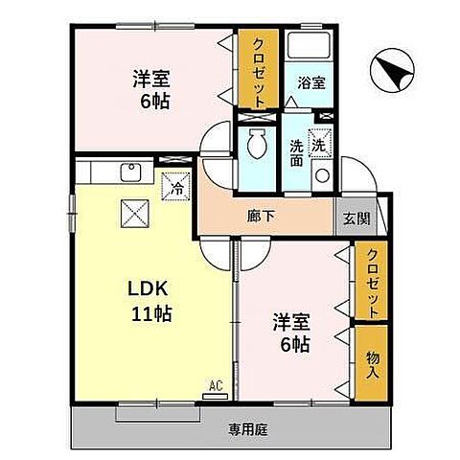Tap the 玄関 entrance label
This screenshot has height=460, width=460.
click(x=356, y=218)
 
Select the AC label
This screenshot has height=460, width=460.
click(x=216, y=385)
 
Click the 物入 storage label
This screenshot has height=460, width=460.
click(x=372, y=363)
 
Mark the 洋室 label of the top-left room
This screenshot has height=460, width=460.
click(x=150, y=79)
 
